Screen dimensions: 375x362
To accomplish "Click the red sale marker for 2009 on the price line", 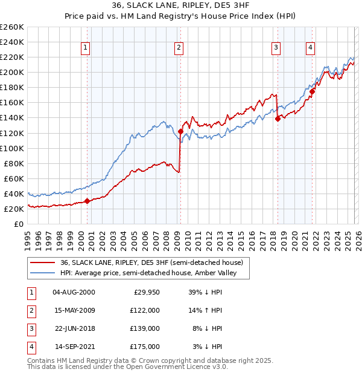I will coord(180,131).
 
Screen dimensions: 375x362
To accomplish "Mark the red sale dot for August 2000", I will coord(87,201).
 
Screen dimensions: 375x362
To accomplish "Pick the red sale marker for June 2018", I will coord(278,119).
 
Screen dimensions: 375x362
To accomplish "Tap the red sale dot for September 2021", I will coord(313,91).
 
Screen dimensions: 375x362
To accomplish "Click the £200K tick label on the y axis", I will coord(11,72).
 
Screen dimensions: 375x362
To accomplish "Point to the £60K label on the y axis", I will coord(13,178).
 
